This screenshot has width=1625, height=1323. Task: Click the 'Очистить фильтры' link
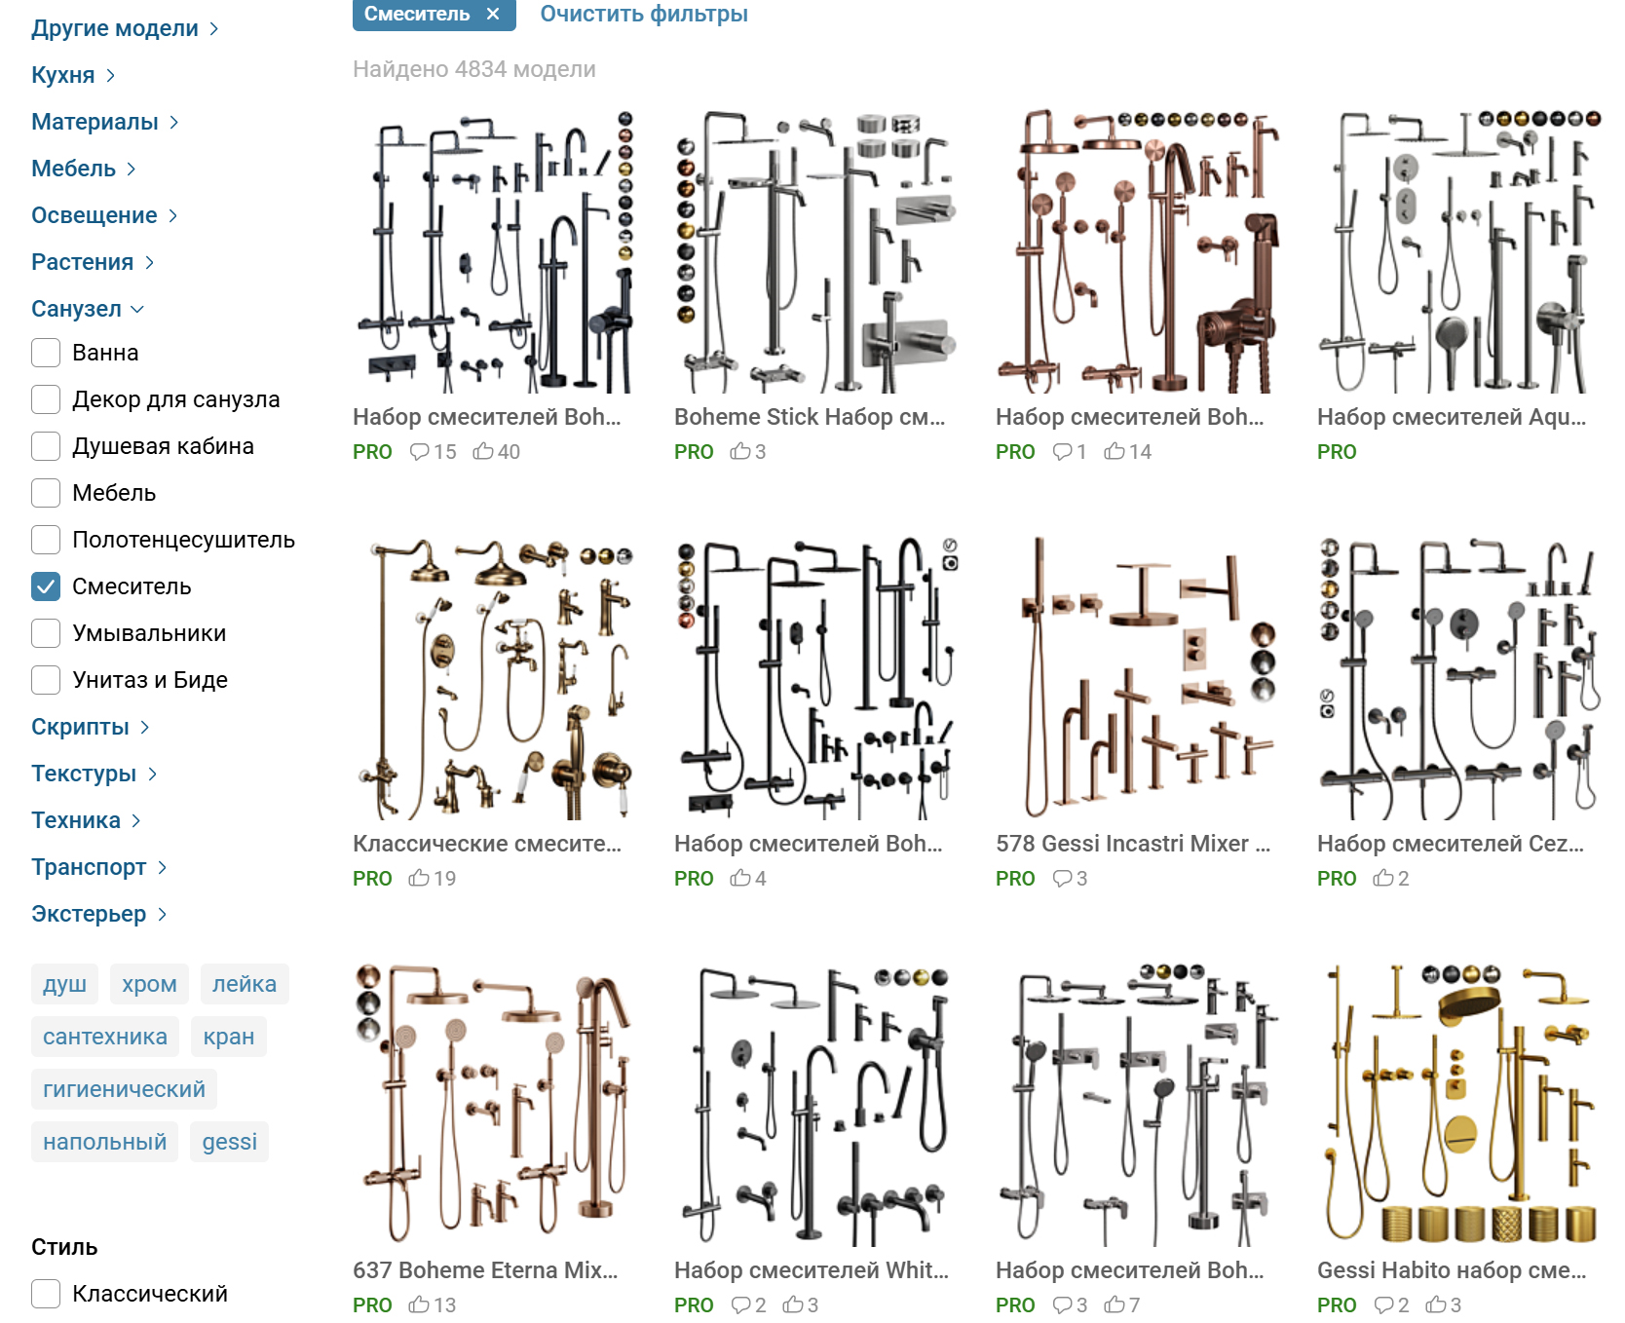point(644,14)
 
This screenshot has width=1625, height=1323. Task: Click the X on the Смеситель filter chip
point(493,14)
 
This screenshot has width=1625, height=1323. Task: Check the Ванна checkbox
point(46,353)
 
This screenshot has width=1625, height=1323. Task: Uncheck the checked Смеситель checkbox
point(46,586)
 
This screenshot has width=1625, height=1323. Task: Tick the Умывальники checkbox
point(46,633)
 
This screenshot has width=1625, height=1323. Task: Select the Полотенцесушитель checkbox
point(46,540)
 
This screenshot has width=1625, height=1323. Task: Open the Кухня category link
point(63,75)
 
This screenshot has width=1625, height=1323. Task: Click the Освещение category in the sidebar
point(94,215)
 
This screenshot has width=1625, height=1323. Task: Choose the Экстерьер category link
point(89,914)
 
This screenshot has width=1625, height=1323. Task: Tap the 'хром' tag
point(149,984)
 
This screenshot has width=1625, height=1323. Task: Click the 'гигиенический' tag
point(124,1089)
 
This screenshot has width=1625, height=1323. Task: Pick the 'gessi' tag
point(230,1142)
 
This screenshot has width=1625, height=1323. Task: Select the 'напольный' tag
point(104,1142)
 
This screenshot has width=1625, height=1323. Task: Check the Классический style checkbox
point(46,1294)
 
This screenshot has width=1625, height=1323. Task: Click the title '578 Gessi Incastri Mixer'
point(1132,844)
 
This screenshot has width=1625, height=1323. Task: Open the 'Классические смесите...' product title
point(486,844)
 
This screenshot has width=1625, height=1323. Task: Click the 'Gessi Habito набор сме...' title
point(1451,1270)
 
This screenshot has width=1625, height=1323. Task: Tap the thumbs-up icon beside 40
point(483,451)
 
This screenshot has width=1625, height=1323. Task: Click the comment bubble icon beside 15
point(420,451)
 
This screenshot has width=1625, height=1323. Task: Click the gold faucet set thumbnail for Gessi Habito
point(1458,1105)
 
